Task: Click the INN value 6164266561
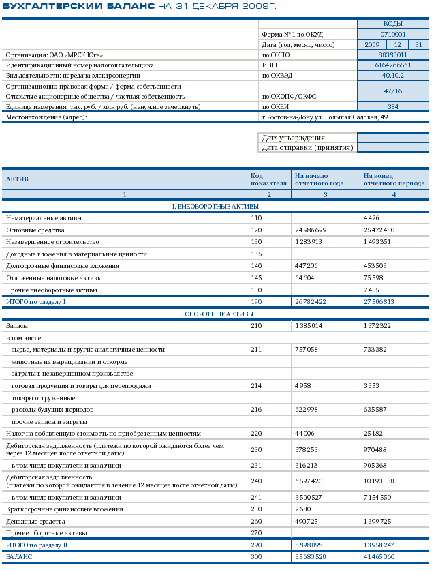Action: pyautogui.click(x=393, y=65)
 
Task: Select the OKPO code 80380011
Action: pyautogui.click(x=393, y=55)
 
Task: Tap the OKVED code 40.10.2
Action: pyautogui.click(x=393, y=76)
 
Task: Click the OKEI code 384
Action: pyautogui.click(x=393, y=106)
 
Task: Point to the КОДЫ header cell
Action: pyautogui.click(x=393, y=23)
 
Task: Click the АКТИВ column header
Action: pyautogui.click(x=17, y=179)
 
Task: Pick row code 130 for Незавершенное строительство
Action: pyautogui.click(x=256, y=242)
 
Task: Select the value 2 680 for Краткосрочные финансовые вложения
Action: pyautogui.click(x=304, y=509)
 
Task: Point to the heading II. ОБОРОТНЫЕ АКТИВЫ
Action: pyautogui.click(x=215, y=314)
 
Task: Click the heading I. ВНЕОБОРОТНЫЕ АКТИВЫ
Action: pyautogui.click(x=215, y=206)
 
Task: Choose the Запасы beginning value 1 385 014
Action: pyautogui.click(x=311, y=326)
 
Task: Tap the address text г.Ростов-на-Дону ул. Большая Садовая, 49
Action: pyautogui.click(x=325, y=117)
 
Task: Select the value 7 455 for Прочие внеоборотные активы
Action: pyautogui.click(x=373, y=290)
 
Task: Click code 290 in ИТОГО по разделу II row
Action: pyautogui.click(x=256, y=545)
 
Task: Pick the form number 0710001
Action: pyautogui.click(x=393, y=34)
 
